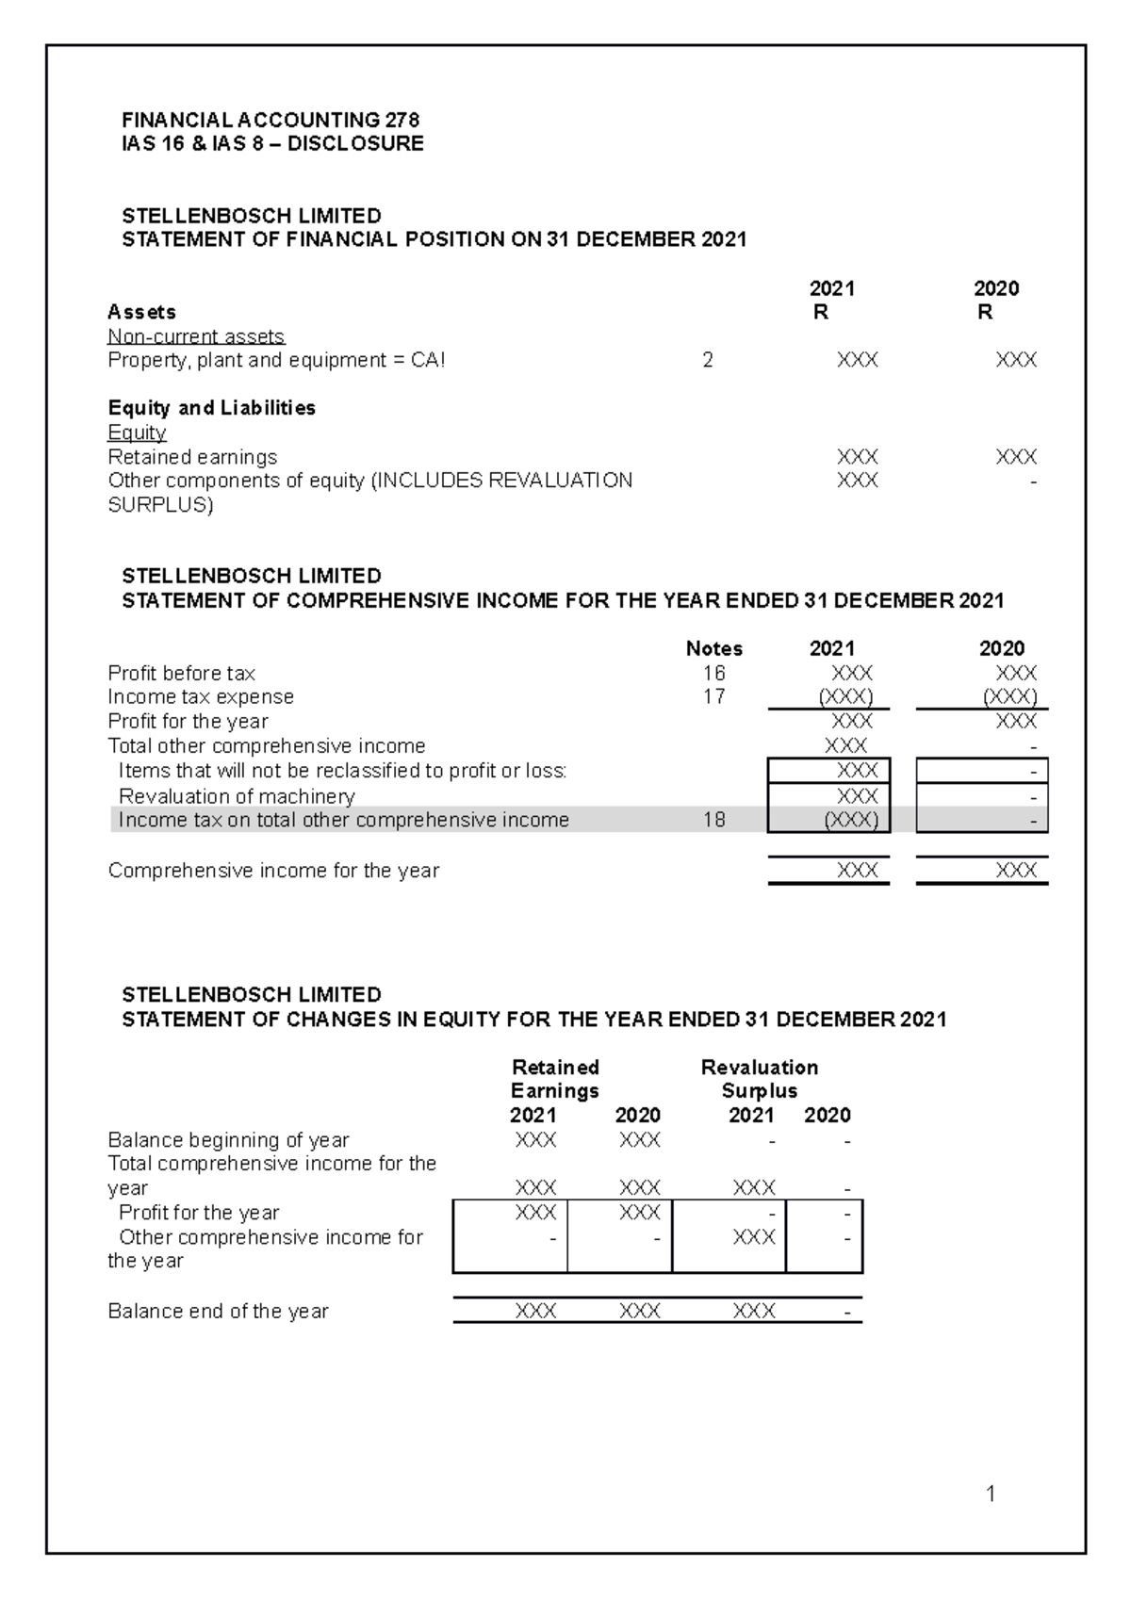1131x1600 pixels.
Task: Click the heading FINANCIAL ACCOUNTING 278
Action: [x=270, y=120]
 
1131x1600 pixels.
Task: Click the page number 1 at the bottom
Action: [x=991, y=1493]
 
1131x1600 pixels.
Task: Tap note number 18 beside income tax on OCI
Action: [x=713, y=820]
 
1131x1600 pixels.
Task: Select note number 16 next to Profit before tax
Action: [x=713, y=673]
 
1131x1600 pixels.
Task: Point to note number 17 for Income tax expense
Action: [x=713, y=696]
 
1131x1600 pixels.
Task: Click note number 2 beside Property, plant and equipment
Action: [x=708, y=360]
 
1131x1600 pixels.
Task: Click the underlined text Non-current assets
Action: [x=196, y=336]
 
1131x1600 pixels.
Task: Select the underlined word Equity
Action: [x=137, y=433]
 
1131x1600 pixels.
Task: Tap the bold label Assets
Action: [x=141, y=312]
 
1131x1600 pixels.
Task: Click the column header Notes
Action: [x=713, y=648]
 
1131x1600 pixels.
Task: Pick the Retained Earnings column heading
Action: [x=555, y=1079]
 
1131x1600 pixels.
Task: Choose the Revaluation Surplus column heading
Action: [x=759, y=1079]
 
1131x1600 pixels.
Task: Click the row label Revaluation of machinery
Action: [x=237, y=796]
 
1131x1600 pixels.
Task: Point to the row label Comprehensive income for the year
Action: [x=273, y=871]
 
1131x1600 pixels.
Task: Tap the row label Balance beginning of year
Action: [x=228, y=1140]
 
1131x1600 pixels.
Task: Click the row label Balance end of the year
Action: [x=218, y=1312]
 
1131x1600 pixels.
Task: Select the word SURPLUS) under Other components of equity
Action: [x=160, y=505]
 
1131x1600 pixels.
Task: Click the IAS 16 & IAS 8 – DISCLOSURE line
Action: [x=272, y=143]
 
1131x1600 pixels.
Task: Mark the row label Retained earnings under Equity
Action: [x=192, y=457]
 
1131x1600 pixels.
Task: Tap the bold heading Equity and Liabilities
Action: [x=212, y=408]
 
